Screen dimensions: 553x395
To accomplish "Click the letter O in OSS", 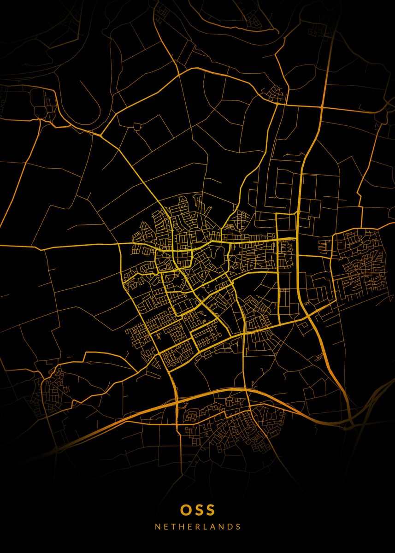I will point(185,510).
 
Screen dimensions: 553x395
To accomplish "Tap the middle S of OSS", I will point(198,510).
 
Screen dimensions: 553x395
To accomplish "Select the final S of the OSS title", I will point(210,510).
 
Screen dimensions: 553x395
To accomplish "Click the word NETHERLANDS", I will point(198,526).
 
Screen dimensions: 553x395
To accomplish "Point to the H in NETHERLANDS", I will point(181,526).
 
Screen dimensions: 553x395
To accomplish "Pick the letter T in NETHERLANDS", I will point(173,526).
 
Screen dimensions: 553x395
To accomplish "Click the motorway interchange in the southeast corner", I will point(353,422).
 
